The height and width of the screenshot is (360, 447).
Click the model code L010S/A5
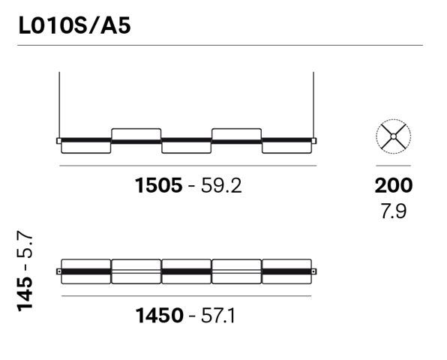74,25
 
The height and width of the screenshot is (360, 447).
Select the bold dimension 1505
158,185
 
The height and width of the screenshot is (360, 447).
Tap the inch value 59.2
221,185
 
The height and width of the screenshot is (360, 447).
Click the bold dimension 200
394,185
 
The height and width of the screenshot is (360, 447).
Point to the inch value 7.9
394,211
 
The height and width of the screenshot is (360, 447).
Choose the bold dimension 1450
159,316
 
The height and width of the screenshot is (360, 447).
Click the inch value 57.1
218,316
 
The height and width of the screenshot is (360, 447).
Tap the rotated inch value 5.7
25,244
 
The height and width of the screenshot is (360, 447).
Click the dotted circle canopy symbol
394,119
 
